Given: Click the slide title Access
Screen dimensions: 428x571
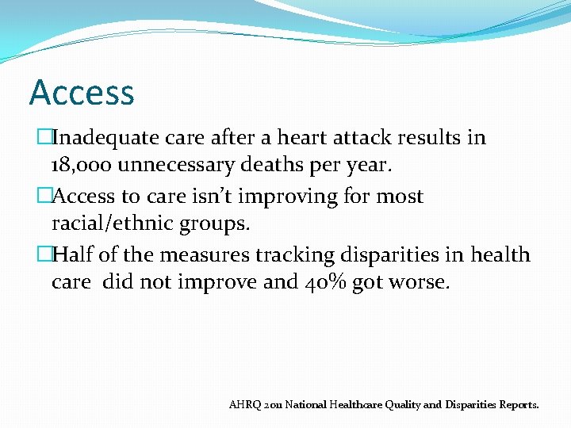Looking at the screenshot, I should [82, 93].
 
